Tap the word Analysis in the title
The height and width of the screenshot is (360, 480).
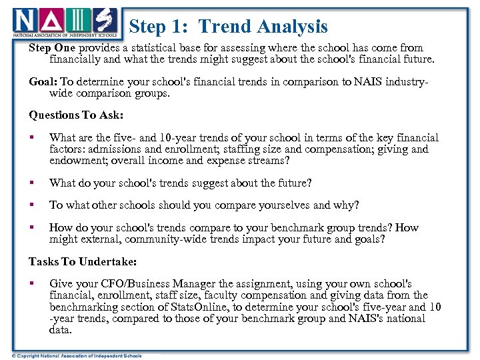tap(293, 27)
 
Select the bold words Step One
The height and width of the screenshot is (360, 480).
tap(53, 48)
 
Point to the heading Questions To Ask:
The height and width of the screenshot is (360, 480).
tap(76, 115)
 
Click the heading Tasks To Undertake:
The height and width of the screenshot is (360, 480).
tap(81, 261)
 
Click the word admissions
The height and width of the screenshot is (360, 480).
tap(113, 149)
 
